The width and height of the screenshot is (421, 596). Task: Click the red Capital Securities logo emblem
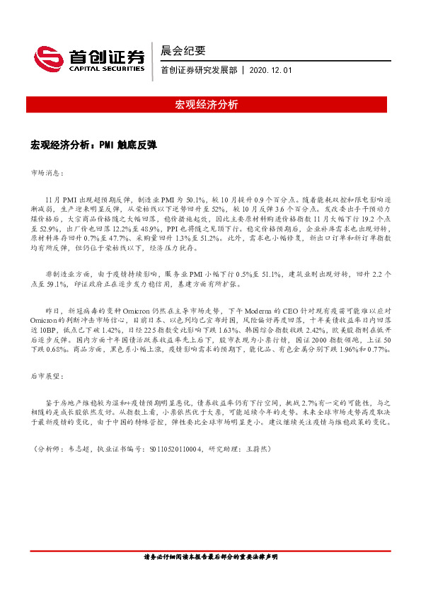click(x=46, y=57)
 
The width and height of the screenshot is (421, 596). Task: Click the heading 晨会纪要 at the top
click(x=183, y=51)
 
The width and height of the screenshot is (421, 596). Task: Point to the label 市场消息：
click(x=47, y=172)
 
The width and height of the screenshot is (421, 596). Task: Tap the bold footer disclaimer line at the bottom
click(x=210, y=557)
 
